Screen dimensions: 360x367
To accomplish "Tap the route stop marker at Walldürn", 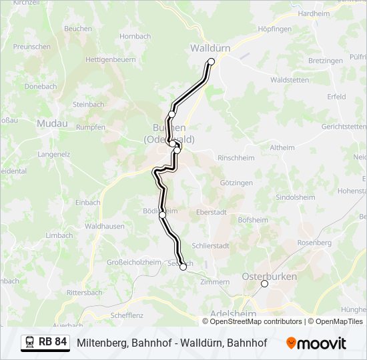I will (x=212, y=61).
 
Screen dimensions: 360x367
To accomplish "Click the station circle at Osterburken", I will (x=264, y=283).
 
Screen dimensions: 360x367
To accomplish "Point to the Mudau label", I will (x=52, y=123).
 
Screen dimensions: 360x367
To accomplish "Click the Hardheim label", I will (x=314, y=13).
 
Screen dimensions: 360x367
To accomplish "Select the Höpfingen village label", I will (x=275, y=29).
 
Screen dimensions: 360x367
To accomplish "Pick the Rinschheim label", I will (x=237, y=158).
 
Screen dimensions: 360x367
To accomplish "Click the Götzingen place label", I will (x=237, y=183).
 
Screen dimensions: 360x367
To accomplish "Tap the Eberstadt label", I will (x=212, y=212).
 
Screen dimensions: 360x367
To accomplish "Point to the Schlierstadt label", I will (x=210, y=245).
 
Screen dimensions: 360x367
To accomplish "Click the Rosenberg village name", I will (x=314, y=243).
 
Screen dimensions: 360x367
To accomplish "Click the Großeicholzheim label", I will (x=134, y=263).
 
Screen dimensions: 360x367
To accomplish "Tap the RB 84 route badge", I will (x=45, y=343).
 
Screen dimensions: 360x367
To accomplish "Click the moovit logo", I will (x=316, y=343).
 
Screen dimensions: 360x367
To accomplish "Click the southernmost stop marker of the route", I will (x=183, y=267).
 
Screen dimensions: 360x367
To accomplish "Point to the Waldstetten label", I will (x=290, y=80).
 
